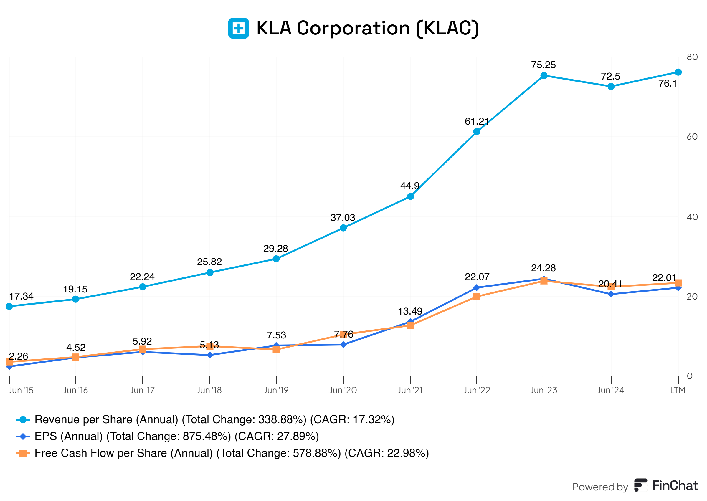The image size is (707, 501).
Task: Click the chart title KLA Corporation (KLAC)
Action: coord(367,28)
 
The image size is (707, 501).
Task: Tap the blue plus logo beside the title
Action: coord(238,28)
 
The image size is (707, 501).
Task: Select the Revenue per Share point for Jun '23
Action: coord(544,76)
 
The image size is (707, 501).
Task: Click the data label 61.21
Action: coord(476,122)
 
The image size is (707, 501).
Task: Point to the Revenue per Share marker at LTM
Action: coord(678,72)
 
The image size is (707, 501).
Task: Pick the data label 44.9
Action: coord(410,186)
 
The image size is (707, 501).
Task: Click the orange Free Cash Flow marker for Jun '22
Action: coord(476,297)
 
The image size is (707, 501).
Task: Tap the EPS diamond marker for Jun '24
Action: coord(610,294)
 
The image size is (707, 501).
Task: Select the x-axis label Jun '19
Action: coord(276,390)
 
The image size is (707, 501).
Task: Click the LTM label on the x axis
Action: coord(677,390)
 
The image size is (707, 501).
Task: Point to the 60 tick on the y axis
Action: coord(692,137)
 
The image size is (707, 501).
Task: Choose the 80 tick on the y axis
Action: coord(692,57)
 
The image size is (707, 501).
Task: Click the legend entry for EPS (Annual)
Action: coord(176,436)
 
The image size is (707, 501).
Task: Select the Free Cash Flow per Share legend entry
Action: coord(231,453)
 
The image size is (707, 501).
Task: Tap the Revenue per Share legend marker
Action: coord(23,419)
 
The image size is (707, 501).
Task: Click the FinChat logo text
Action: coord(675,486)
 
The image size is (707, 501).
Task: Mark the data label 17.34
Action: coord(21,297)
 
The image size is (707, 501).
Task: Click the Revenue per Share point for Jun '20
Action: coord(343,228)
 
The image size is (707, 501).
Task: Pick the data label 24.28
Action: coord(543,268)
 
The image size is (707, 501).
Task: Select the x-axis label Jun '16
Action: coord(76,390)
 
